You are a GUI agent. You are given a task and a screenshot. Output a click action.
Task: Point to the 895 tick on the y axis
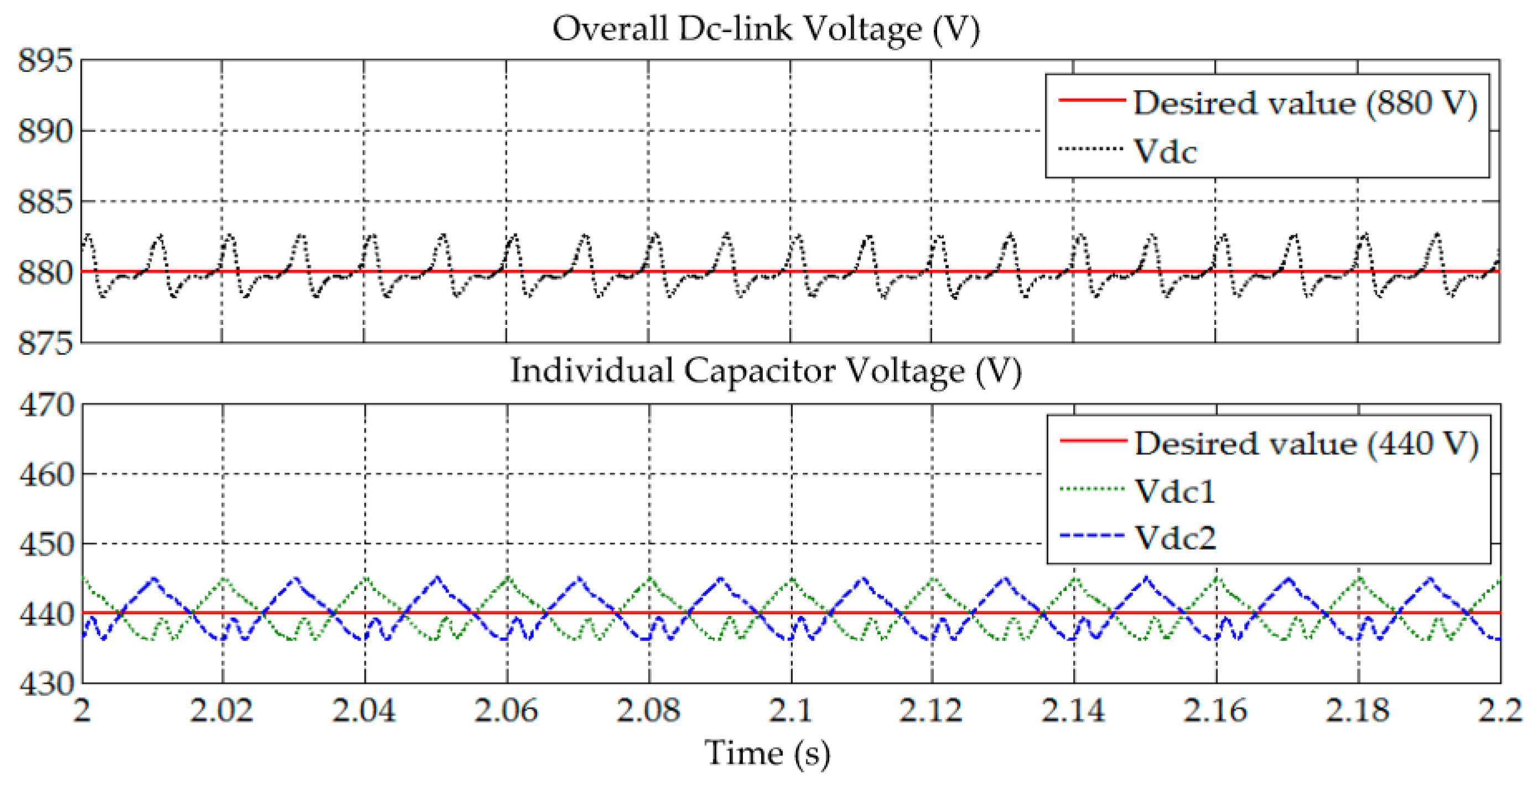[45, 61]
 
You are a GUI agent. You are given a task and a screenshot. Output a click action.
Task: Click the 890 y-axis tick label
[45, 131]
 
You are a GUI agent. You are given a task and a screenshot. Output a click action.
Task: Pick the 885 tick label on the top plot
[45, 202]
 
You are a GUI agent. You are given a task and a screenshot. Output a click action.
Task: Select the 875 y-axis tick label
[45, 343]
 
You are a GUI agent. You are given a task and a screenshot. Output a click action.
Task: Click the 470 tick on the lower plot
[46, 405]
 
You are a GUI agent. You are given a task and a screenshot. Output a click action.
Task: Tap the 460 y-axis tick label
[46, 475]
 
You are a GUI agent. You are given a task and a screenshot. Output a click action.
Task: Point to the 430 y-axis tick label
[46, 683]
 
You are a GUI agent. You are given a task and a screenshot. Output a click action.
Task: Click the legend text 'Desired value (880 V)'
[1305, 103]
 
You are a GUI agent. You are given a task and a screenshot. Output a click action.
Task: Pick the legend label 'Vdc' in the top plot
[1165, 151]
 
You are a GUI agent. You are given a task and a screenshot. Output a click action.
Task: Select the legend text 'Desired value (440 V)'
[1306, 443]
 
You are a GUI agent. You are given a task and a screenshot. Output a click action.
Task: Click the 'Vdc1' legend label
[1174, 491]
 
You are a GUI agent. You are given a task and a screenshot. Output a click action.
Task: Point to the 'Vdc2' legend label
[1174, 538]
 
